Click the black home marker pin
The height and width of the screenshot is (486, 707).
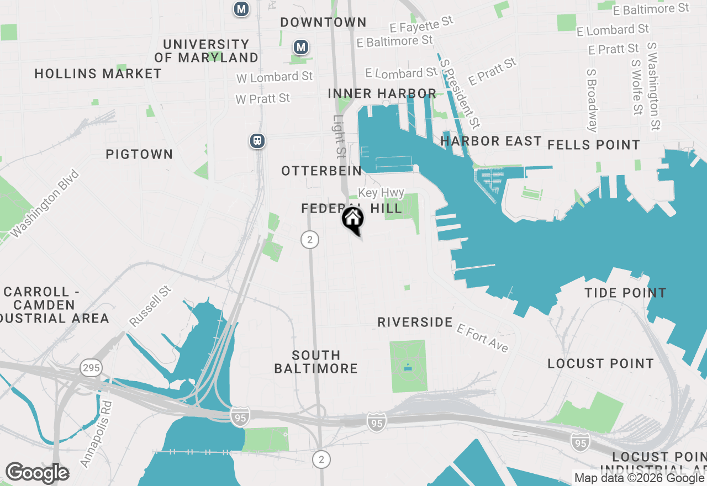click(x=352, y=219)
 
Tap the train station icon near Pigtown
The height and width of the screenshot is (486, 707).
click(x=257, y=141)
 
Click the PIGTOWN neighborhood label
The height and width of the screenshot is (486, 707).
click(x=139, y=154)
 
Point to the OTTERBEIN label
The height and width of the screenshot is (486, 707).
click(x=321, y=171)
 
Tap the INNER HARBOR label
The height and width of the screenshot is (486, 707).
click(x=382, y=93)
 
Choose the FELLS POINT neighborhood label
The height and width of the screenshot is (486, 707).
click(x=594, y=145)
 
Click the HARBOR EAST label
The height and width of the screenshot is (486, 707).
click(x=491, y=141)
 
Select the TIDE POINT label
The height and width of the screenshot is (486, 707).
click(x=626, y=293)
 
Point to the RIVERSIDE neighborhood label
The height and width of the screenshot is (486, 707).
click(x=415, y=322)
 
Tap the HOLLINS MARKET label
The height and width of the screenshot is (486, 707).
click(x=98, y=73)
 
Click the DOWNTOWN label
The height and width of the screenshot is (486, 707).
click(x=323, y=23)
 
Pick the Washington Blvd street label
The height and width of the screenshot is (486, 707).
click(x=45, y=204)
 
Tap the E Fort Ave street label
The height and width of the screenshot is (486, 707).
click(x=482, y=337)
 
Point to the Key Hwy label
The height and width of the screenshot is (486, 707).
click(x=381, y=193)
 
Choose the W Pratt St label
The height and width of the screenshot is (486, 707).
click(x=262, y=99)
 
